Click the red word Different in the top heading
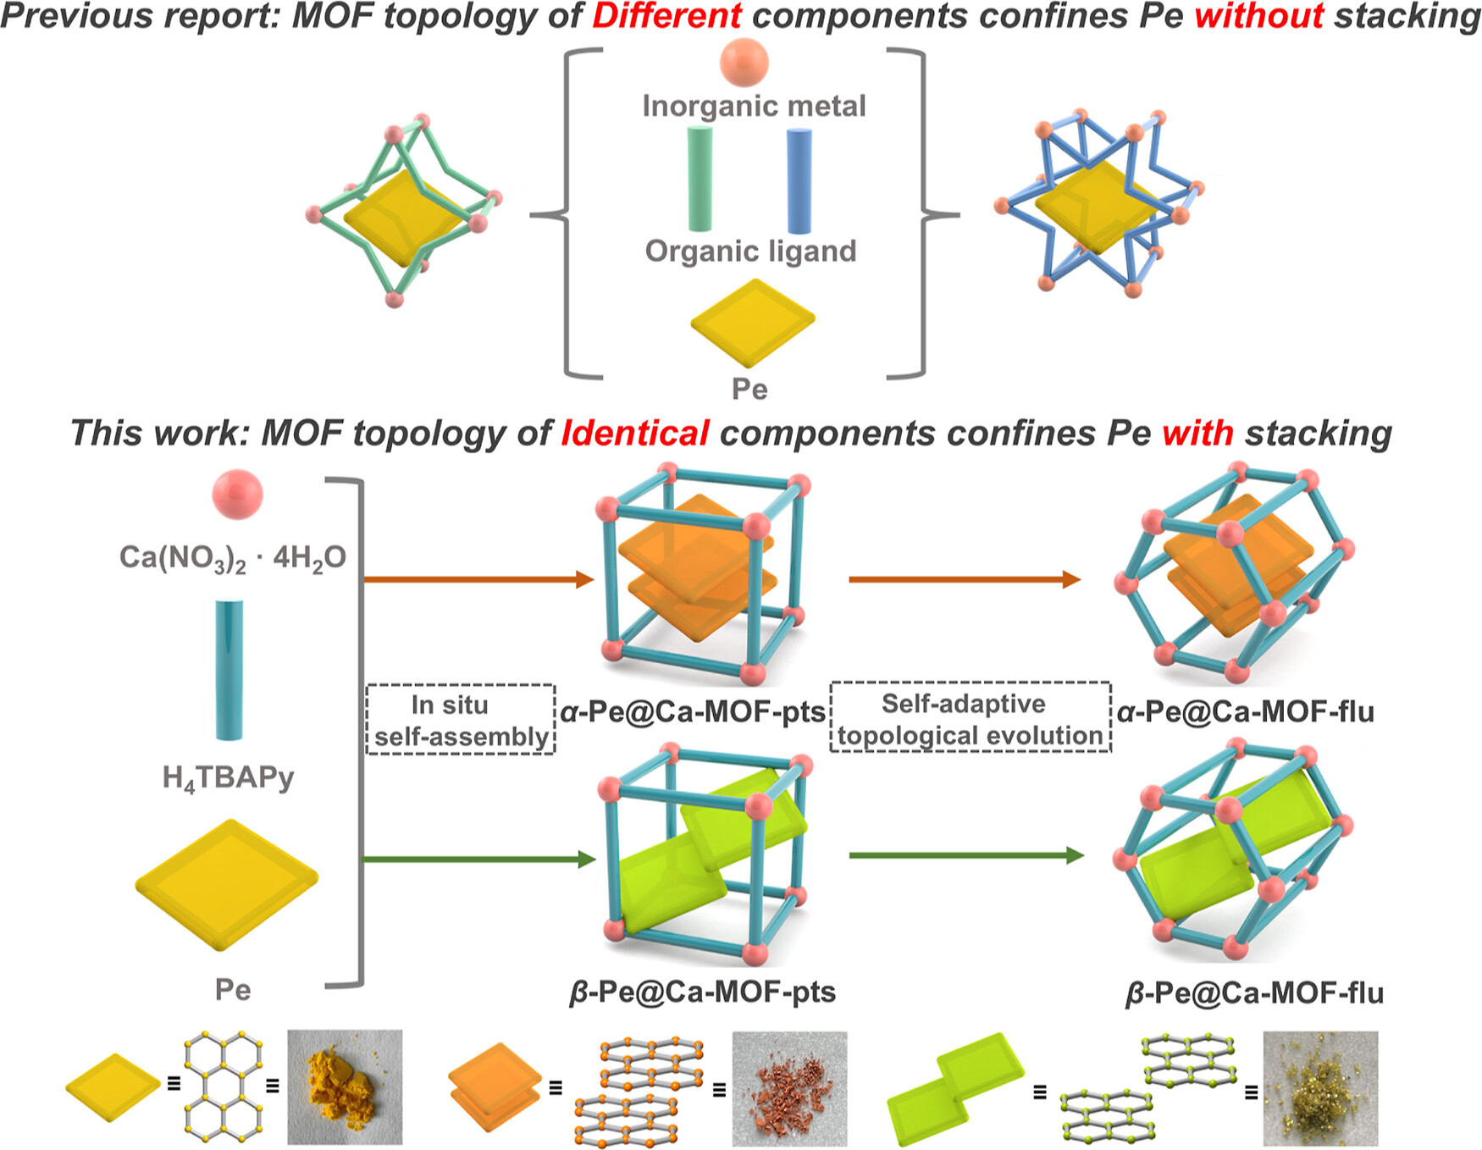pyautogui.click(x=666, y=16)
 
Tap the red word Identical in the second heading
pyautogui.click(x=635, y=434)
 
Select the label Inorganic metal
pyautogui.click(x=754, y=106)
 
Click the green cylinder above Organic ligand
pyautogui.click(x=700, y=179)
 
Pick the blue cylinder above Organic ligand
pyautogui.click(x=799, y=180)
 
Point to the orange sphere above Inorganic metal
pyautogui.click(x=744, y=62)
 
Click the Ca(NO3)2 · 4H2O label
pyautogui.click(x=232, y=558)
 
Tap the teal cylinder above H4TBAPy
pyautogui.click(x=229, y=669)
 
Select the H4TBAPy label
pyautogui.click(x=228, y=777)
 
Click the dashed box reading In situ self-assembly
pyautogui.click(x=461, y=720)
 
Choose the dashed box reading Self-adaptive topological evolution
pyautogui.click(x=970, y=718)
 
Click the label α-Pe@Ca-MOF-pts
pyautogui.click(x=692, y=712)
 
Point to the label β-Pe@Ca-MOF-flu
pyautogui.click(x=1253, y=992)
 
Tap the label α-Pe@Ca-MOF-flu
pyautogui.click(x=1245, y=712)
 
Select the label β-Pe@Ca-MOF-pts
pyautogui.click(x=702, y=992)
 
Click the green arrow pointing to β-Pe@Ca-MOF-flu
pyautogui.click(x=965, y=855)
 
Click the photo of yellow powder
pyautogui.click(x=345, y=1086)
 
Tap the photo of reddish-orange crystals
pyautogui.click(x=789, y=1088)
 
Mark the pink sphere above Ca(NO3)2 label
pyautogui.click(x=237, y=494)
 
